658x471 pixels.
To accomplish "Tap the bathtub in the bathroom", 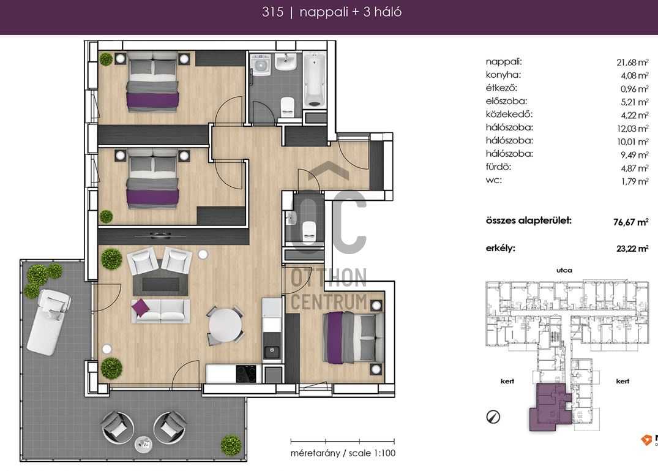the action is (315, 80).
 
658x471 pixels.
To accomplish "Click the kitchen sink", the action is (272, 352).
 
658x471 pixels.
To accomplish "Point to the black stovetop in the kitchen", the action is (246, 374).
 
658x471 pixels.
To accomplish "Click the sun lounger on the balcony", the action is (49, 321).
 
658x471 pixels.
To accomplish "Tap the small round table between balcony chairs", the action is (143, 444).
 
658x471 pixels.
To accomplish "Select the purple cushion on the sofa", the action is (140, 307).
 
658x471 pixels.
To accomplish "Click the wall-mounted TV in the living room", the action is (161, 235).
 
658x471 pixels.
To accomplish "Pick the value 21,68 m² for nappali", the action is (632, 62).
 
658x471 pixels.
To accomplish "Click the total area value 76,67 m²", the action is (630, 222).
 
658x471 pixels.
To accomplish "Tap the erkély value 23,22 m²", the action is (632, 248).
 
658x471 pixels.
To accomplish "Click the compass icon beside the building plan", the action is (493, 417).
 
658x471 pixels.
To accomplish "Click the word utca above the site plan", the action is (564, 270).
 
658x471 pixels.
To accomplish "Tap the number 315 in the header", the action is (273, 12).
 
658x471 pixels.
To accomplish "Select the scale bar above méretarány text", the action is (342, 441).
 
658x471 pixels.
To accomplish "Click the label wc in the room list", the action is (493, 181).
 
